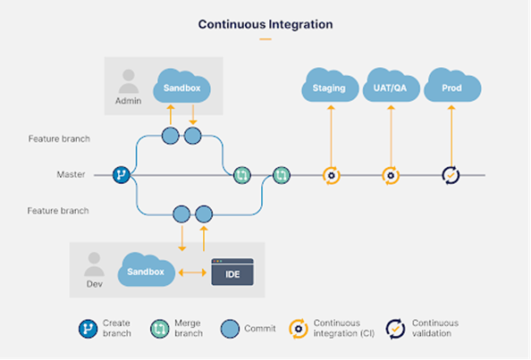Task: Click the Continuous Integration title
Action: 265,24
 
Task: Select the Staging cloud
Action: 329,87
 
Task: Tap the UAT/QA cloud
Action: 390,87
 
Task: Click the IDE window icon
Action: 232,272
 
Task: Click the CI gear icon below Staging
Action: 330,175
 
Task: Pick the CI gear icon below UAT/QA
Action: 390,175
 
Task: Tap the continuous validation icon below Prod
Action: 451,175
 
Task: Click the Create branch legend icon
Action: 87,328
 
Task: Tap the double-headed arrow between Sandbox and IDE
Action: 192,271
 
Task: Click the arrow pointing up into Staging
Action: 330,134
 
